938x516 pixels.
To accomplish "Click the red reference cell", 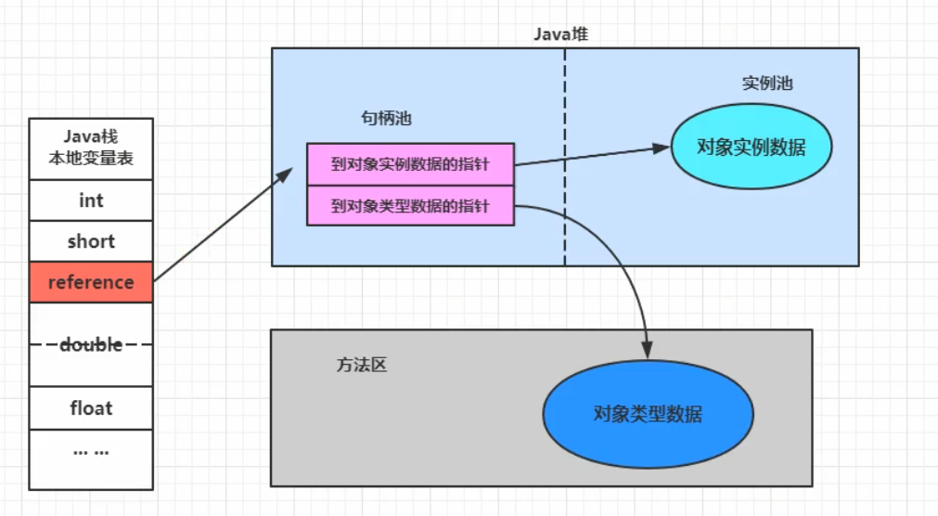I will pyautogui.click(x=91, y=282).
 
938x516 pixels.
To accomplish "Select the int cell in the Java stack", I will pyautogui.click(x=91, y=200).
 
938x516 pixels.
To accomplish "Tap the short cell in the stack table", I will pyautogui.click(x=91, y=241).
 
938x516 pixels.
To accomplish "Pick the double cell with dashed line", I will pyautogui.click(x=91, y=344).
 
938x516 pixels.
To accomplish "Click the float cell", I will pyautogui.click(x=91, y=408).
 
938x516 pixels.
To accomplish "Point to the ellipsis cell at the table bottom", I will pyautogui.click(x=91, y=452).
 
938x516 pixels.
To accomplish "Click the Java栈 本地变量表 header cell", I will pyautogui.click(x=91, y=148).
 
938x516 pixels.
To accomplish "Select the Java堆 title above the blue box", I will pyautogui.click(x=560, y=34).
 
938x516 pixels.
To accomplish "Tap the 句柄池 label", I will pyautogui.click(x=386, y=119).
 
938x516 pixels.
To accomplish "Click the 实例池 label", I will pyautogui.click(x=767, y=84).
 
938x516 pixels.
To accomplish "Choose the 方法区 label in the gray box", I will pyautogui.click(x=361, y=365).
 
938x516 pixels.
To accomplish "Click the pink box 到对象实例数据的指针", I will pyautogui.click(x=410, y=164).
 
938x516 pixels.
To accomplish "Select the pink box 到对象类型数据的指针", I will pyautogui.click(x=410, y=206).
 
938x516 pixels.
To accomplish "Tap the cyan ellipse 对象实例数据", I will pyautogui.click(x=751, y=148).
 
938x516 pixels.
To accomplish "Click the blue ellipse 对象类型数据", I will pyautogui.click(x=647, y=414).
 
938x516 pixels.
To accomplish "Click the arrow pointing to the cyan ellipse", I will pyautogui.click(x=594, y=156).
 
